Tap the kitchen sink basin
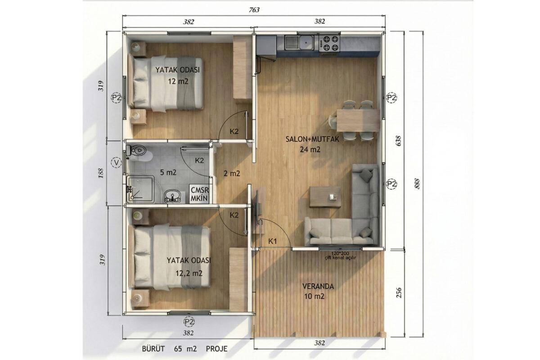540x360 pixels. pos(299,43)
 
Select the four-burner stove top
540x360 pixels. pos(329,43)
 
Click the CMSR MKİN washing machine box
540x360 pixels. pos(199,194)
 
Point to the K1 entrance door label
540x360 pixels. pos(273,241)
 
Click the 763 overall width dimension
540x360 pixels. pos(254,9)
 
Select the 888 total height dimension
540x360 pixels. pos(418,184)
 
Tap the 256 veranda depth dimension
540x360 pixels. pos(399,293)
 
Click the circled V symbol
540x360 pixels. pos(117,163)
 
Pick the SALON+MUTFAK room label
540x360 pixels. pos(312,139)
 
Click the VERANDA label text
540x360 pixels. pos(318,287)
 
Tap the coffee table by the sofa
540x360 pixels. pos(325,197)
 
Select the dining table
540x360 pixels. pos(358,120)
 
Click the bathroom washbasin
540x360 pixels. pos(172,196)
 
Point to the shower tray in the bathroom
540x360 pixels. pos(140,189)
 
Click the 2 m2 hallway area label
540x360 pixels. pos(232,173)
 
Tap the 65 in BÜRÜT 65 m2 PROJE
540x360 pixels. pos(178,349)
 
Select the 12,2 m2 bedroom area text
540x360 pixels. pos(189,273)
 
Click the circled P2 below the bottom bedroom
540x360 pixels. pos(189,322)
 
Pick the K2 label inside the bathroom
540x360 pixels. pos(199,160)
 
